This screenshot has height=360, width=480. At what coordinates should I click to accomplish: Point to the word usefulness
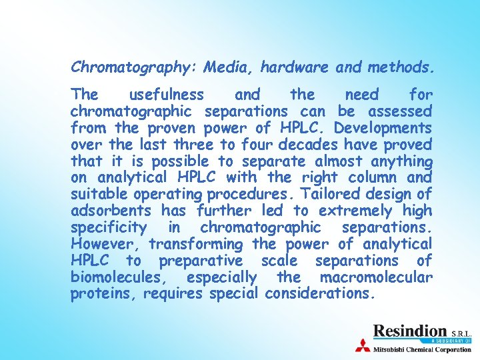coord(167,95)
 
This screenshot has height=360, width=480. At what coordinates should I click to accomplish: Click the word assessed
coord(399,111)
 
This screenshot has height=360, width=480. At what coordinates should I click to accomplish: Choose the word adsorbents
coord(111,211)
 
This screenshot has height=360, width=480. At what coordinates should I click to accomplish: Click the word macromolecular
coord(376,277)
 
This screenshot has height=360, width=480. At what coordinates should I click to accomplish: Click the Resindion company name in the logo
coord(409,331)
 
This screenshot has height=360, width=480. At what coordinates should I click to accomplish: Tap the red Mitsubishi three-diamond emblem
coord(363,346)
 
